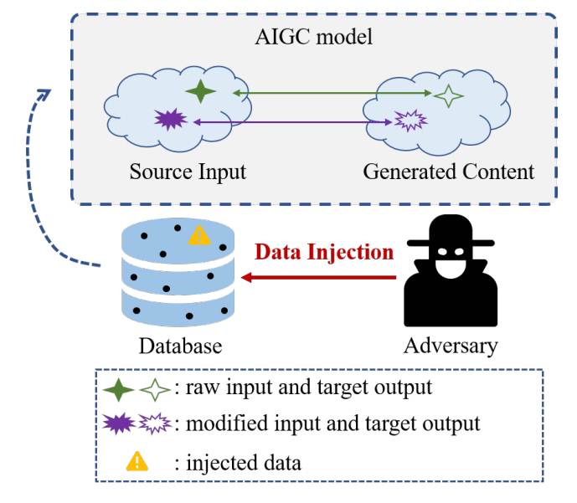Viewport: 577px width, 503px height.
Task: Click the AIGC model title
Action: pyautogui.click(x=313, y=37)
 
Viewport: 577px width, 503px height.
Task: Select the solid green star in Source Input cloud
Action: pyautogui.click(x=200, y=91)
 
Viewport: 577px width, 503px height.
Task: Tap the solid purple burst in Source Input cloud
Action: pyautogui.click(x=170, y=119)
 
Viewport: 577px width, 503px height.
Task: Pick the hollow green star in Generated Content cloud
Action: pyautogui.click(x=448, y=96)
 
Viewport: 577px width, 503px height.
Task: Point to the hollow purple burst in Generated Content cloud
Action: pyautogui.click(x=410, y=121)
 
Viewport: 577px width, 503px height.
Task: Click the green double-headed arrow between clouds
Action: pyautogui.click(x=332, y=93)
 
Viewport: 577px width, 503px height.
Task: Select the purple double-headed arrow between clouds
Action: pyautogui.click(x=292, y=122)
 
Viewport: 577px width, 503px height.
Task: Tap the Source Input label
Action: pyautogui.click(x=188, y=172)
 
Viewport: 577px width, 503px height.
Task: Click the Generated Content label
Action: pyautogui.click(x=449, y=172)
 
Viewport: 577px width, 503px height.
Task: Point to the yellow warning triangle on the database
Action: pyautogui.click(x=199, y=236)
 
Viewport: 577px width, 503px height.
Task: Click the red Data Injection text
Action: pyautogui.click(x=324, y=252)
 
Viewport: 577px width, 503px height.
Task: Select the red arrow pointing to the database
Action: pyautogui.click(x=318, y=277)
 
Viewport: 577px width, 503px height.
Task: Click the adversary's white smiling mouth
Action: pyautogui.click(x=451, y=269)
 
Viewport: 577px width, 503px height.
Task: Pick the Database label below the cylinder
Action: pyautogui.click(x=180, y=346)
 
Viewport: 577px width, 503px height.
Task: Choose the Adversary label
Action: pyautogui.click(x=451, y=346)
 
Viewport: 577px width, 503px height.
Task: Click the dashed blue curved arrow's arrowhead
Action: pyautogui.click(x=45, y=94)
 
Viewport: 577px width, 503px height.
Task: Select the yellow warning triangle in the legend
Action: pyautogui.click(x=137, y=461)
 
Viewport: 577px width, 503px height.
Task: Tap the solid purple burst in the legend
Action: pyautogui.click(x=119, y=423)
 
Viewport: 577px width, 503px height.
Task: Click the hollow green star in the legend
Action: pyautogui.click(x=155, y=389)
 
